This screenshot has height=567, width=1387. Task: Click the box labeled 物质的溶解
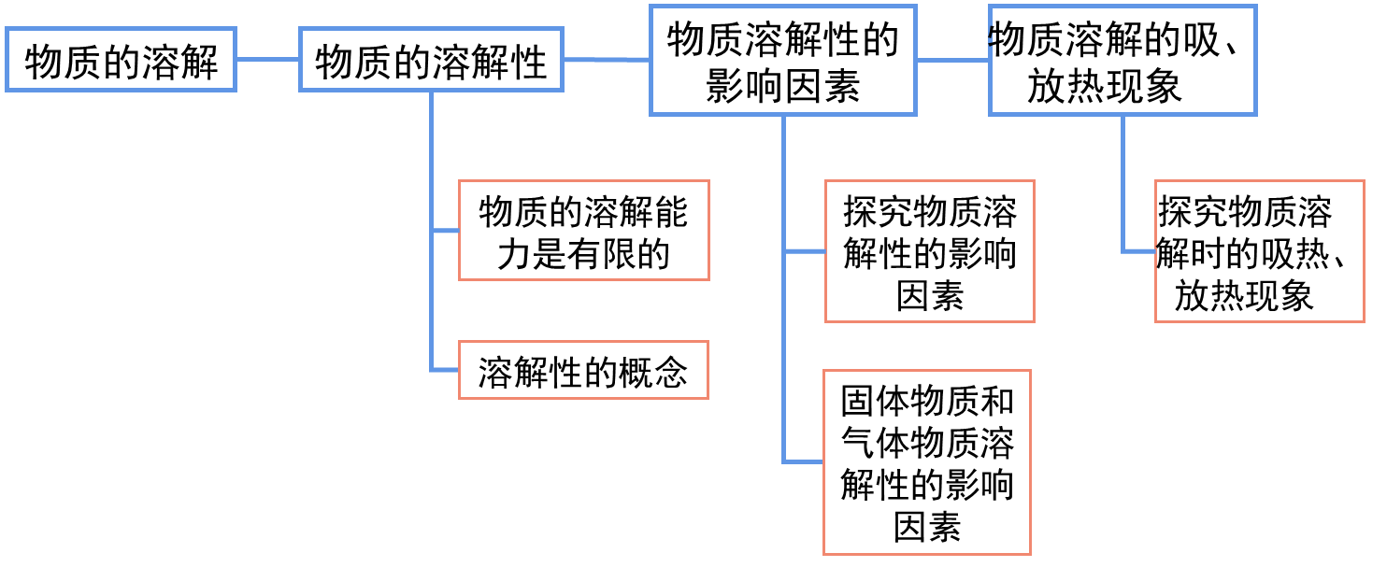(121, 60)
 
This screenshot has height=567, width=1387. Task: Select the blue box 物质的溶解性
(431, 60)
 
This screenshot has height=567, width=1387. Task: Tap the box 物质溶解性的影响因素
(783, 61)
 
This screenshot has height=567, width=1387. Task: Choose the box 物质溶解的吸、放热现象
(1122, 61)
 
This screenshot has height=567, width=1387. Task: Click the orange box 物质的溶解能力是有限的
(583, 231)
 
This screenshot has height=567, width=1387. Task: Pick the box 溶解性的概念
(583, 371)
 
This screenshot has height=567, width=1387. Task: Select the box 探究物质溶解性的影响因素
(929, 252)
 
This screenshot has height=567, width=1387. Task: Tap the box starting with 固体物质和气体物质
(926, 462)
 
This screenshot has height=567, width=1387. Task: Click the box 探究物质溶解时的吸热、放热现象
(1259, 252)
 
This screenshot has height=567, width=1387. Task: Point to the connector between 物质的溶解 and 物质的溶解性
(267, 60)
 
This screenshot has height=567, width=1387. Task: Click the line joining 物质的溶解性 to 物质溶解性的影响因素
(607, 60)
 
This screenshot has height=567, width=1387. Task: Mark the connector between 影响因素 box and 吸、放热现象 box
(952, 60)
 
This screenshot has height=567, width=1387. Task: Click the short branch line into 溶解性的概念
(445, 371)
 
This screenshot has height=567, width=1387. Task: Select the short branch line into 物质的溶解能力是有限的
(445, 231)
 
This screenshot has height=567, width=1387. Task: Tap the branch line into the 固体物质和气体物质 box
(803, 461)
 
